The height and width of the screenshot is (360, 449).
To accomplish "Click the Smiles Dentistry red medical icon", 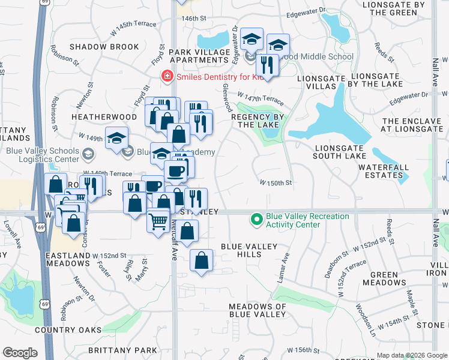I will pos(167,76).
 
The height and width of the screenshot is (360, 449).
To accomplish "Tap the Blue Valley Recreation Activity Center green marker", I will pos(257,220).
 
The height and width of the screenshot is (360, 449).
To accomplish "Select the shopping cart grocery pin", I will pos(158,220).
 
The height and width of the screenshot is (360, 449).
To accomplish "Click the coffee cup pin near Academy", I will pos(175,171).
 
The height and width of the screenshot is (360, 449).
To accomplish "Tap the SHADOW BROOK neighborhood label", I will pos(104,47).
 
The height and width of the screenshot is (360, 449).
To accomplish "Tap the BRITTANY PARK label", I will pos(122,350).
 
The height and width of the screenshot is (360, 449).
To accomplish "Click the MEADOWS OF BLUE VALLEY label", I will pos(258,311).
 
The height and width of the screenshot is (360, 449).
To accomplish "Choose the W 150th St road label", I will pos(276,182).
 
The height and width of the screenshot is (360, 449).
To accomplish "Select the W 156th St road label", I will pos(301,350).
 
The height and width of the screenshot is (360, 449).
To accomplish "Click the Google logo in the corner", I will pos(20,353).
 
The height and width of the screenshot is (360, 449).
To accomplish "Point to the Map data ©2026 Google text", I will pos(412,355).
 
